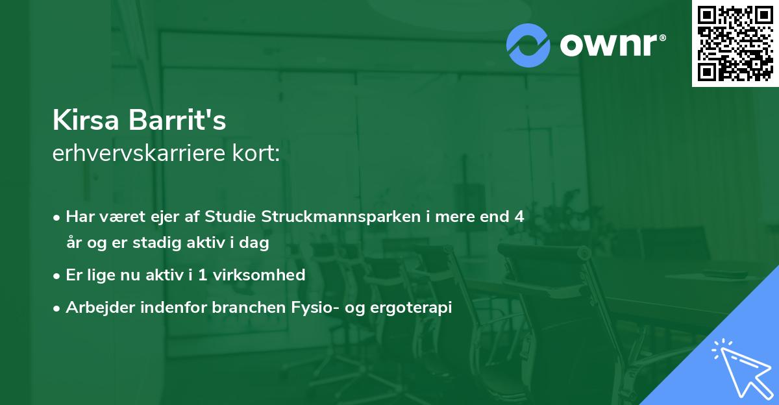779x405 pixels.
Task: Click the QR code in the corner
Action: pyautogui.click(x=736, y=43)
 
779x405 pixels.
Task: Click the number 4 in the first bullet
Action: pyautogui.click(x=519, y=217)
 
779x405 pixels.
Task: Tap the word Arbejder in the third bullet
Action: pyautogui.click(x=97, y=308)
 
